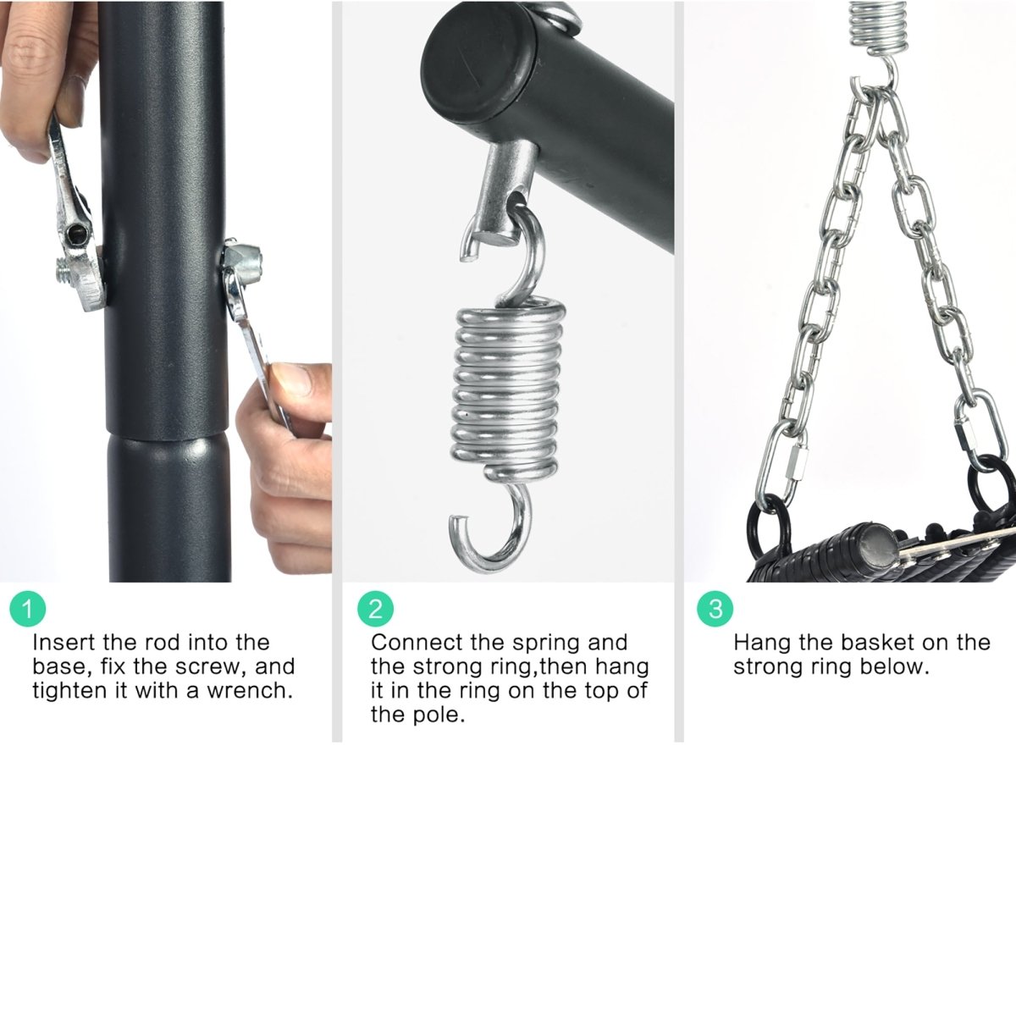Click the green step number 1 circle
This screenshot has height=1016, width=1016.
click(28, 610)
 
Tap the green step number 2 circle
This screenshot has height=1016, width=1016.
click(375, 609)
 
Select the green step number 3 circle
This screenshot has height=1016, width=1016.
click(715, 609)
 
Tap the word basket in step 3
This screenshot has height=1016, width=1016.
click(877, 642)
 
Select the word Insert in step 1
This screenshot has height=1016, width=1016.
click(63, 642)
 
